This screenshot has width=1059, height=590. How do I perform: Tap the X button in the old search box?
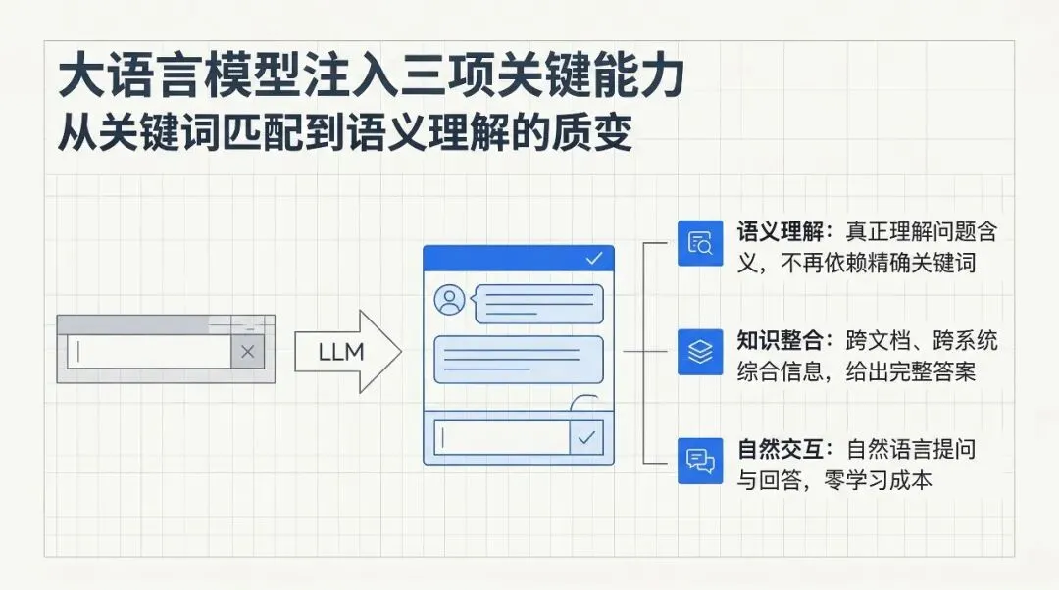(x=247, y=352)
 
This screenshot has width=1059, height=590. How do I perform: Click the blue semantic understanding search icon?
(x=700, y=244)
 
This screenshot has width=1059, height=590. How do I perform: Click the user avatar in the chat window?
(x=450, y=301)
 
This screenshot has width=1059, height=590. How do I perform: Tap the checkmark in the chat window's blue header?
(x=593, y=259)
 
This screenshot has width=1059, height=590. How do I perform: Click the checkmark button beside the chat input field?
(x=587, y=437)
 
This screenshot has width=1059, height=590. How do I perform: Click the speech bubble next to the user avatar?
(x=538, y=303)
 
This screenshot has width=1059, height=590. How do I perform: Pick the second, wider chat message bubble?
(x=518, y=359)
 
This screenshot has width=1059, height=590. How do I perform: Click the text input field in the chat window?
(x=501, y=437)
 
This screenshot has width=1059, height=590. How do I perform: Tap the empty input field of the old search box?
(x=148, y=352)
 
